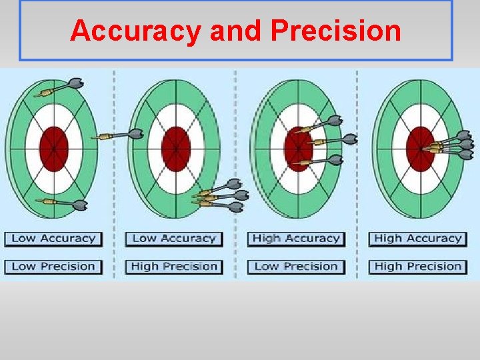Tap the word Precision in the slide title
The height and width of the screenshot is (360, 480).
[336, 31]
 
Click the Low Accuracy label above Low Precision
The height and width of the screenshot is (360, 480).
[54, 239]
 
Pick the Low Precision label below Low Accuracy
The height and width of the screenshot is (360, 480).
[54, 267]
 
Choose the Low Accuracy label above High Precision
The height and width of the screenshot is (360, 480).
[174, 239]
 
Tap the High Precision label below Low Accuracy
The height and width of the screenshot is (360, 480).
[174, 267]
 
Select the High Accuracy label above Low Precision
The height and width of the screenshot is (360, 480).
[296, 239]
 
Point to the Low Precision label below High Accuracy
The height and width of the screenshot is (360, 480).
[296, 267]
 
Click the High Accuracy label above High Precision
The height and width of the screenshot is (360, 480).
[418, 239]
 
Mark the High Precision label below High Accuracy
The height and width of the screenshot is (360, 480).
[418, 267]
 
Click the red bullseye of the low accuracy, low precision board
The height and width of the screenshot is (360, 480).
[54, 149]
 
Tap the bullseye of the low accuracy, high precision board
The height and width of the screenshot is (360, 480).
[176, 149]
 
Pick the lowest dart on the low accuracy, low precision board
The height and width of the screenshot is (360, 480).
[63, 203]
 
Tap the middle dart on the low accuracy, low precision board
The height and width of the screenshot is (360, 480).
[120, 135]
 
